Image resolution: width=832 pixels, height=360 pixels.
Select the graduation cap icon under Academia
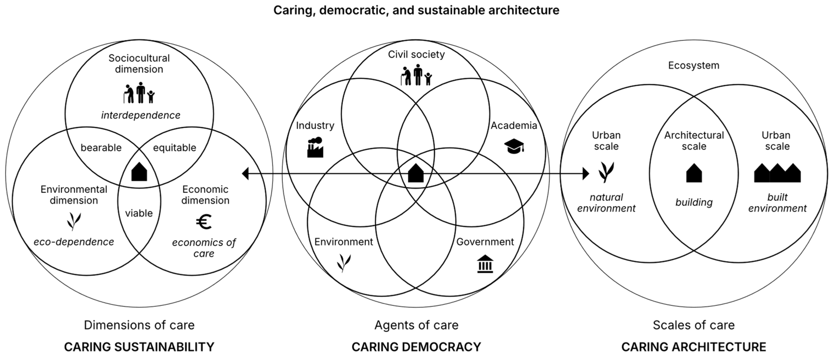point(514,146)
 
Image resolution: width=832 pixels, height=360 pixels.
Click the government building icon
point(485,264)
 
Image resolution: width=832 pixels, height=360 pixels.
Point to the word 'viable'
point(139,213)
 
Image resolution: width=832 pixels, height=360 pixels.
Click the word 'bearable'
point(101,148)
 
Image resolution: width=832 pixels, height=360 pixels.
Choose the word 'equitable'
point(175,148)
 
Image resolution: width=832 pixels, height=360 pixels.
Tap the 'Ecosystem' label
point(693,65)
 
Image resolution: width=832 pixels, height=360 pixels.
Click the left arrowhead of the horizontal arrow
point(245,174)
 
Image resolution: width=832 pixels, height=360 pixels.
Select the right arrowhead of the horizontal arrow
point(586,174)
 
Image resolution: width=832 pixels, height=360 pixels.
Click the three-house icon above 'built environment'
point(777,173)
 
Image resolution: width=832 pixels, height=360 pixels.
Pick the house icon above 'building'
point(694,173)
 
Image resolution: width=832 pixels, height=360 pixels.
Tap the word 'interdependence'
point(140,115)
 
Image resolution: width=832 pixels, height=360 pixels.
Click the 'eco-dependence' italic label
point(74,242)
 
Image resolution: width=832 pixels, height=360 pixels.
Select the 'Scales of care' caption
point(693,325)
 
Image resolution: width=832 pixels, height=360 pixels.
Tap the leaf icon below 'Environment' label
point(344,263)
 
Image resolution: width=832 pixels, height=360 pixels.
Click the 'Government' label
point(485,242)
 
